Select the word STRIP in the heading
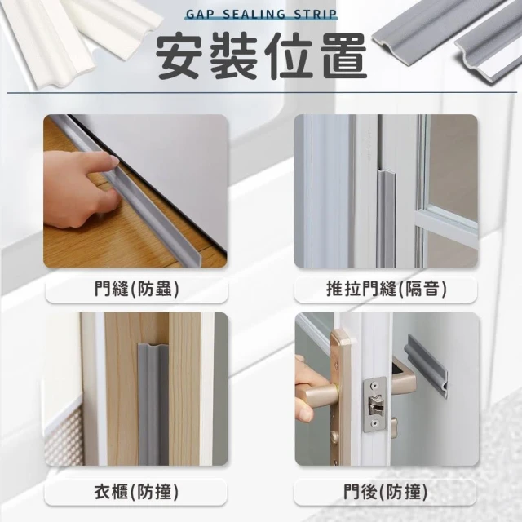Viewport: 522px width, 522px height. click(316, 15)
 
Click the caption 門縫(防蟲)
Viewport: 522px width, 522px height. click(136, 288)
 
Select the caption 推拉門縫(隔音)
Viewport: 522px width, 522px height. click(386, 288)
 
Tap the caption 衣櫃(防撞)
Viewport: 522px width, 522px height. click(136, 492)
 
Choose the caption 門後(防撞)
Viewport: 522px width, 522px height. click(386, 492)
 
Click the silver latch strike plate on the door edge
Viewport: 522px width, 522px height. click(374, 405)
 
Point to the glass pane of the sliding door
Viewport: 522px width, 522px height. click(453, 163)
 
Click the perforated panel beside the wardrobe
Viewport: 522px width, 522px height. click(64, 436)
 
